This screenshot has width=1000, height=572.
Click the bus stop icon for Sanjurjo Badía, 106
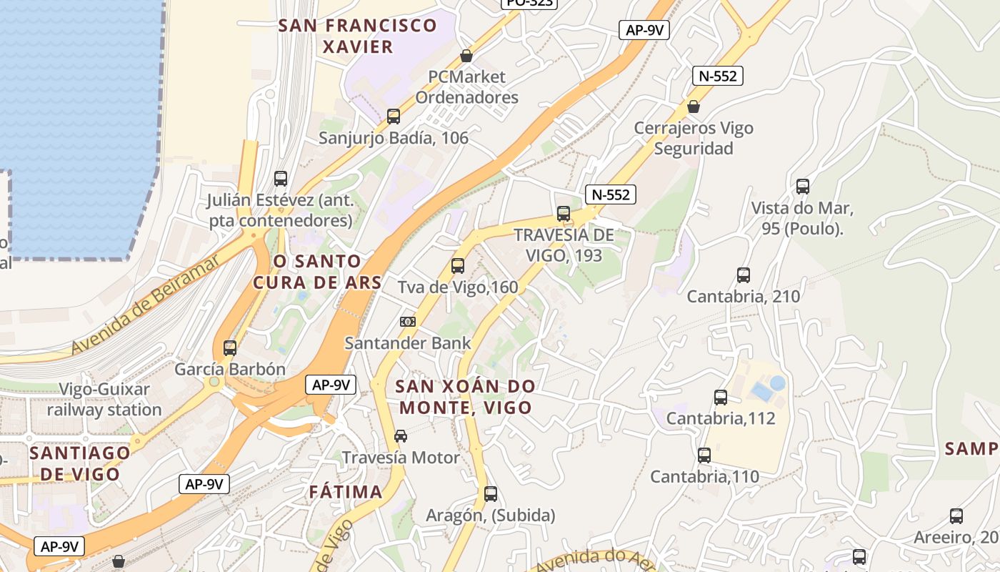click(393, 116)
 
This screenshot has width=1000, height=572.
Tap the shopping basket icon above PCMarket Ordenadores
click(466, 55)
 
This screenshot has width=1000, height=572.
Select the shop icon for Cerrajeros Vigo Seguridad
click(693, 107)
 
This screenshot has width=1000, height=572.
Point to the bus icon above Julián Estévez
click(281, 178)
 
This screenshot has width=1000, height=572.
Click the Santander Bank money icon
click(408, 322)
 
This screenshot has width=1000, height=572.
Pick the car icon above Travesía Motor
click(401, 436)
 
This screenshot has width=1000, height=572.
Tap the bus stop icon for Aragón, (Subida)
click(491, 493)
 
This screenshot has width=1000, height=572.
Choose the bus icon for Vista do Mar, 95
click(803, 187)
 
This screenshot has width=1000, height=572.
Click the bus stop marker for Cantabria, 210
click(744, 275)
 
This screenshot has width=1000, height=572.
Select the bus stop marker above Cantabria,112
click(721, 397)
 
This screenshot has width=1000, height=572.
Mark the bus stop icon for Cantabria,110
click(704, 455)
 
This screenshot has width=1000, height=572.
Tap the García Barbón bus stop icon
click(230, 348)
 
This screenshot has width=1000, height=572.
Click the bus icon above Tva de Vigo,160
click(458, 266)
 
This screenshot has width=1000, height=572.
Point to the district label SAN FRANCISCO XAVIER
click(357, 36)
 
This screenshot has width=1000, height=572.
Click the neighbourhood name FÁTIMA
click(346, 492)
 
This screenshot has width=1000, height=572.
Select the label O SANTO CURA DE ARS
click(317, 271)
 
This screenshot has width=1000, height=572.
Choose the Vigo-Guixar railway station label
click(104, 400)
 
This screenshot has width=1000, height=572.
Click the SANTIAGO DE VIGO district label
click(80, 463)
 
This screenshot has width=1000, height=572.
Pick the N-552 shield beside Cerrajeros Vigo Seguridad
click(718, 76)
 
